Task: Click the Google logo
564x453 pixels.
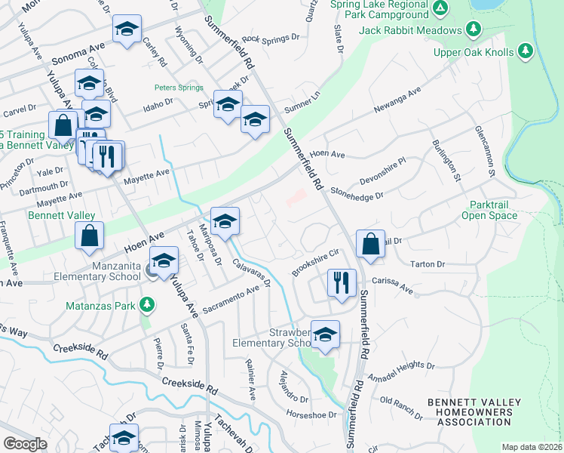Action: pos(25,444)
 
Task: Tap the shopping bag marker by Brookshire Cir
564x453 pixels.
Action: pos(370,243)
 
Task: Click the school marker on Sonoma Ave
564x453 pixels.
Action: pos(127,29)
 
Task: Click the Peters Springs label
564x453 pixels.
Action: pos(176,88)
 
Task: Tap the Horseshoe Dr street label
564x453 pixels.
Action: pos(310,414)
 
